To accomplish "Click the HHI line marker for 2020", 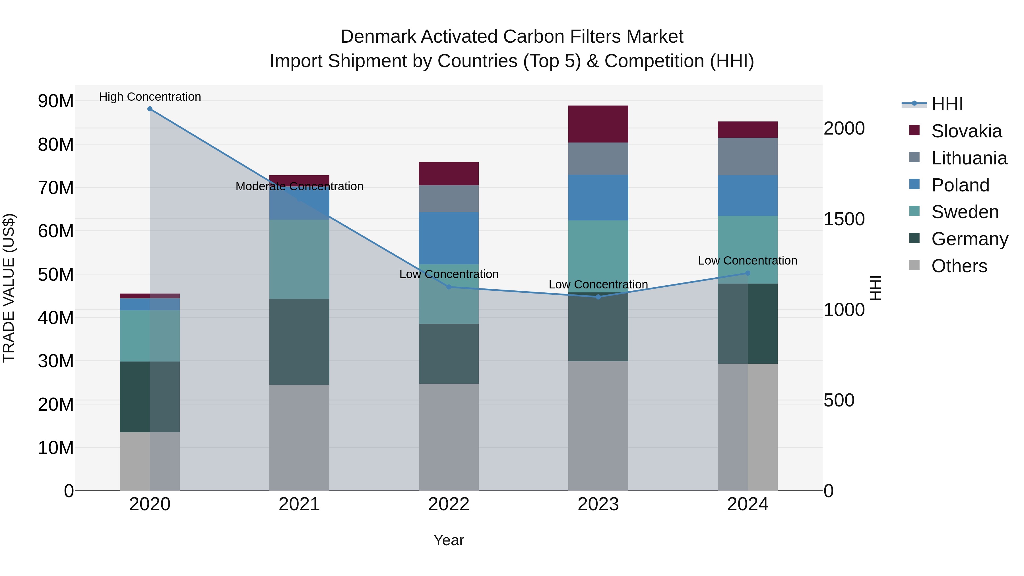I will [x=150, y=109].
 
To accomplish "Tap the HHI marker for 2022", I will [x=449, y=287].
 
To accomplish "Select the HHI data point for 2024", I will [x=748, y=273].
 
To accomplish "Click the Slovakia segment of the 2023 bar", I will [x=598, y=124].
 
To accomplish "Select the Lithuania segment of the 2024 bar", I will [x=748, y=156].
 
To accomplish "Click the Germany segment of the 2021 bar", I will [x=299, y=342].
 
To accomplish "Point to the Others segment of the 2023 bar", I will [x=598, y=425].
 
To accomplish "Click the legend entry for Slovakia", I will [x=966, y=131].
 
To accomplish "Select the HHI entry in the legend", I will [x=947, y=104].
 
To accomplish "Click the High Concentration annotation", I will [x=150, y=97].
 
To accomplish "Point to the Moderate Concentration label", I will [x=299, y=186].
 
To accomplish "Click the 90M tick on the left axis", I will [x=56, y=101].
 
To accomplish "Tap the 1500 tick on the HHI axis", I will [x=844, y=219].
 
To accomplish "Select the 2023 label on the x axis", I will [x=598, y=504].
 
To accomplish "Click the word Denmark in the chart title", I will [x=378, y=37].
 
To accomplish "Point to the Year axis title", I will [x=449, y=540].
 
